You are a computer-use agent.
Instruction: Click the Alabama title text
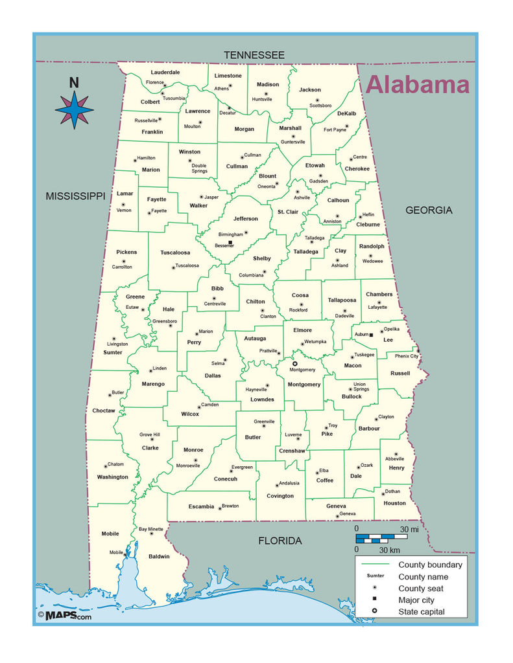(x=417, y=85)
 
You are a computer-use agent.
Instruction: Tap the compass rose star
(x=74, y=109)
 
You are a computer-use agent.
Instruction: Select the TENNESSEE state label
(x=254, y=56)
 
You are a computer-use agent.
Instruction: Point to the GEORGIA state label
(x=429, y=210)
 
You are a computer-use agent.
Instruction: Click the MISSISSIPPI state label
(x=75, y=196)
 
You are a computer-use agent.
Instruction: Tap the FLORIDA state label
(x=280, y=541)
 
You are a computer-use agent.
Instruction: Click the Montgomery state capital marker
(x=295, y=364)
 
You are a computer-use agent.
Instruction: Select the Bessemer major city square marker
(x=230, y=242)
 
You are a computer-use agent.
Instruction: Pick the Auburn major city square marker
(x=371, y=335)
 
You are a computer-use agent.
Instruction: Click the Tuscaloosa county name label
(x=175, y=253)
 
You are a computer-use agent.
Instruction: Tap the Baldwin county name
(x=159, y=556)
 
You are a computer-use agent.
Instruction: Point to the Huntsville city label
(x=262, y=99)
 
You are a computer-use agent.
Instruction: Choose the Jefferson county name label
(x=245, y=219)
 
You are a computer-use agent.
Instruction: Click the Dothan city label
(x=392, y=491)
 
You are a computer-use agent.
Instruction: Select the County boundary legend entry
(x=430, y=565)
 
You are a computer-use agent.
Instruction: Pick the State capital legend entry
(x=422, y=612)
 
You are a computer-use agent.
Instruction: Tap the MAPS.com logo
(x=65, y=616)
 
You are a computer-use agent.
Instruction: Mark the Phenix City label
(x=407, y=356)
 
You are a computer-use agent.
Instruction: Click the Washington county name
(x=113, y=477)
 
